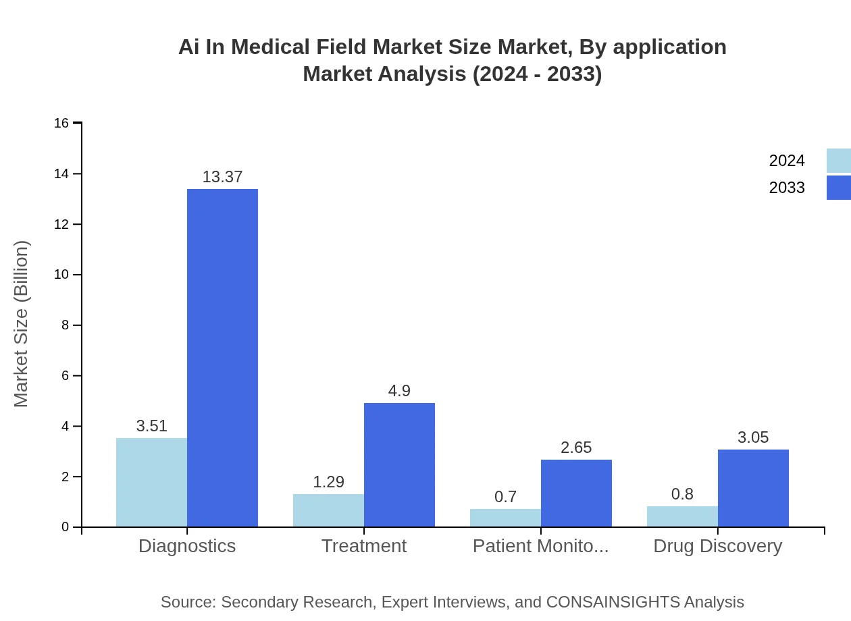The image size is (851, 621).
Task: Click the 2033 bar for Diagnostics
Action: tap(222, 358)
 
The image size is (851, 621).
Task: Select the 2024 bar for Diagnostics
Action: tap(151, 483)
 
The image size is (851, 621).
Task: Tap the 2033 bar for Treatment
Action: tap(399, 465)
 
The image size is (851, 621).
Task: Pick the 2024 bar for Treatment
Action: tap(328, 510)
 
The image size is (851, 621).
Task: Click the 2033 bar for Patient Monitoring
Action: tap(576, 493)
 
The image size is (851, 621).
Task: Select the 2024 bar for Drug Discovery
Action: tap(682, 516)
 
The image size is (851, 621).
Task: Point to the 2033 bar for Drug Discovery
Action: tap(753, 488)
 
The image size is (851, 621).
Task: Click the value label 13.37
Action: tap(222, 177)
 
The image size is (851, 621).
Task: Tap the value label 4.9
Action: tap(399, 391)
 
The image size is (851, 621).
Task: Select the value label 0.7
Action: tap(505, 497)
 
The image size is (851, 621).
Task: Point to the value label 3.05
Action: tap(753, 437)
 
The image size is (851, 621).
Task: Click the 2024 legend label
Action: tap(787, 161)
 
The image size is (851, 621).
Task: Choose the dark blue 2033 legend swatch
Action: tap(838, 188)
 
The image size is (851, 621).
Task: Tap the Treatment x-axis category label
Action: tap(364, 545)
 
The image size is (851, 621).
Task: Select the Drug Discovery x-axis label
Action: tap(717, 545)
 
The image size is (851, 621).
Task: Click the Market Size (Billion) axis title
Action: tap(22, 324)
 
